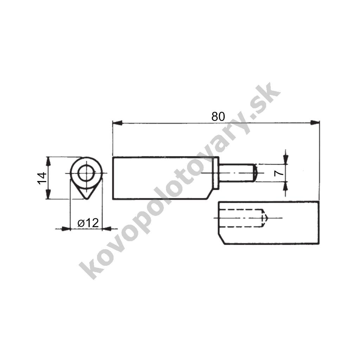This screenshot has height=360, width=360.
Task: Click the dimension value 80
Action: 218,116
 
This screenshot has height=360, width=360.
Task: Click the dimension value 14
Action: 42,178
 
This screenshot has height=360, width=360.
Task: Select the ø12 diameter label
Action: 88,223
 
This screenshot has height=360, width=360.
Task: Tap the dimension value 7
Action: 279,173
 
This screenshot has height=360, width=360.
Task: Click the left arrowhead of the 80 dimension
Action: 117,123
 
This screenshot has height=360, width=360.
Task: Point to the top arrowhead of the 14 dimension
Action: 48,161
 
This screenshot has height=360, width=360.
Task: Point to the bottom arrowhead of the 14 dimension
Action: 48,194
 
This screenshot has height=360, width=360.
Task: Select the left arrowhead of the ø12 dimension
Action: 66,229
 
